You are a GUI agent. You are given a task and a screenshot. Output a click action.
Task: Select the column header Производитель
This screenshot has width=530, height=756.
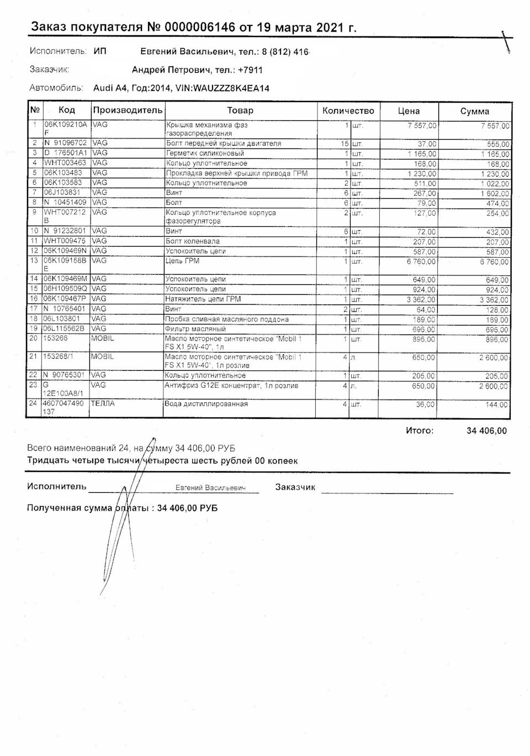pos(128,110)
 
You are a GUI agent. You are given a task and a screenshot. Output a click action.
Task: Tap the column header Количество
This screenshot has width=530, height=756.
pos(348,110)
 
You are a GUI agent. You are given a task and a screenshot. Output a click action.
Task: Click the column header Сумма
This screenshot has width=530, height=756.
pos(474,111)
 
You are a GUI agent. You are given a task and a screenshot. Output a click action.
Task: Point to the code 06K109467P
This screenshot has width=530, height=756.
pos(65,299)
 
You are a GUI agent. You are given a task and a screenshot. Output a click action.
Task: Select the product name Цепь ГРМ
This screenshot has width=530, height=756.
pos(183,261)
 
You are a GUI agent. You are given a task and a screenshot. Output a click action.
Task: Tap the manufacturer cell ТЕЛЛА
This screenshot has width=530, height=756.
pos(103,404)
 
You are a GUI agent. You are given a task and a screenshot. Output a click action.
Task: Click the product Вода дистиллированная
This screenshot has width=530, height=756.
pos(206,404)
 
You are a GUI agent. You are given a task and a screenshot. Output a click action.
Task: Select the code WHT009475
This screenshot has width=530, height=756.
pos(65,241)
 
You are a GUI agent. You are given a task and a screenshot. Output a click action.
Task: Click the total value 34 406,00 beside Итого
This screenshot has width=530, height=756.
pos(486,431)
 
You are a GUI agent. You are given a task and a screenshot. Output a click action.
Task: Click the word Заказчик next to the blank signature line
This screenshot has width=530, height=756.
pos(295,487)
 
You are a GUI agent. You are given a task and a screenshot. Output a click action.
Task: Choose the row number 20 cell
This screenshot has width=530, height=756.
pos(34,338)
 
